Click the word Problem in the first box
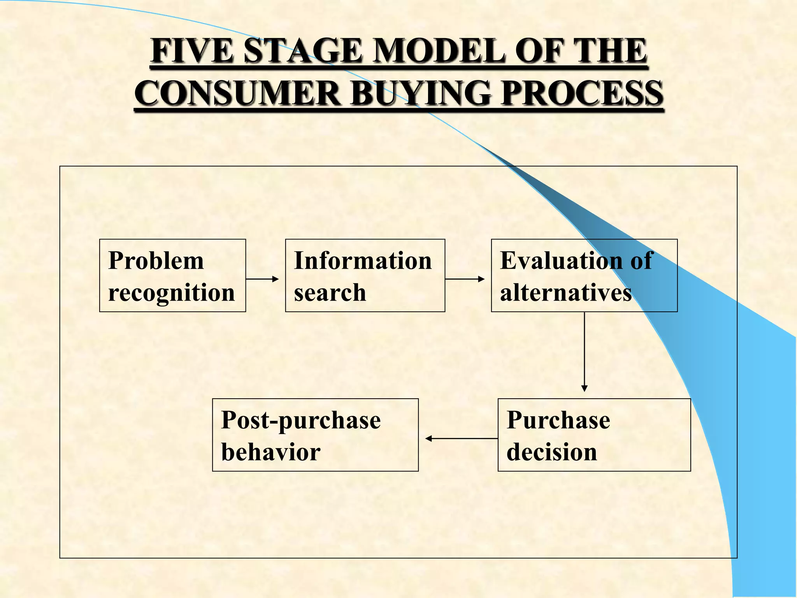156,260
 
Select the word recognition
172,293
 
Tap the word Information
363,260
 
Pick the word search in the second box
330,293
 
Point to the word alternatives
566,293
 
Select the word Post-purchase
301,420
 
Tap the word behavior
271,452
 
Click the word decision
552,452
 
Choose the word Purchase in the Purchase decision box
558,420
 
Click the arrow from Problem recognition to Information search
262,279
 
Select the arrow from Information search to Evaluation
464,279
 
